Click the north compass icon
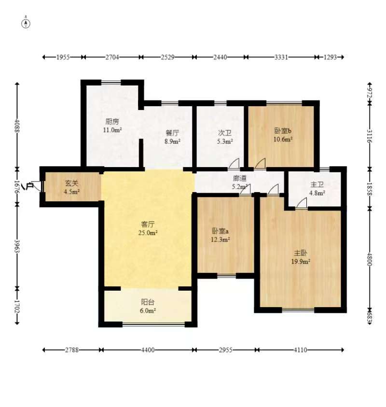pos(26,23)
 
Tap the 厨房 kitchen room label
pos(112,122)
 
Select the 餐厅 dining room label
pos(172,134)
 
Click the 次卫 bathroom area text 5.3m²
pos(225,141)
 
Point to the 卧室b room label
pos(283,131)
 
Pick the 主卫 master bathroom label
pos(317,184)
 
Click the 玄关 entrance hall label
pos(72,183)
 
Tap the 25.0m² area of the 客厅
pos(148,233)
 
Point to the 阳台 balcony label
pos(148,302)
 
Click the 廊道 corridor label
pos(240,178)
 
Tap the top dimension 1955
pos(63,57)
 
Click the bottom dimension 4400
pos(148,350)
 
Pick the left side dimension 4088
pos(18,126)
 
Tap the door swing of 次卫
pos(234,164)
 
